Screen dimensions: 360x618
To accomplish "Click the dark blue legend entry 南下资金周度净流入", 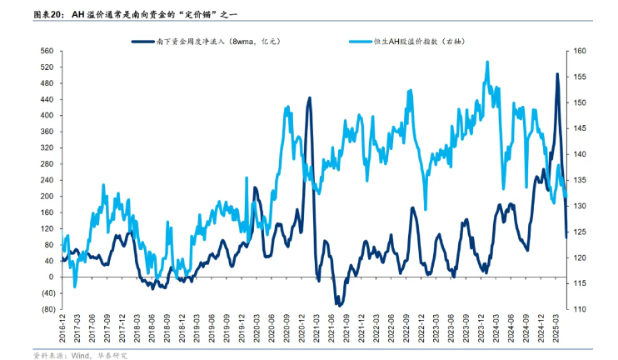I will (207, 40).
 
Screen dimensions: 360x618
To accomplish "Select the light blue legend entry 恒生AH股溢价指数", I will (422, 40).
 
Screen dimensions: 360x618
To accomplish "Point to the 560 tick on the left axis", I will (46, 52).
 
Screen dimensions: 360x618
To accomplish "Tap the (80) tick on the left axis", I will (45, 309).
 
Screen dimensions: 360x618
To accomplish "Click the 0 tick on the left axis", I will (51, 277).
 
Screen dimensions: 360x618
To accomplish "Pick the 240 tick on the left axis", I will (46, 180).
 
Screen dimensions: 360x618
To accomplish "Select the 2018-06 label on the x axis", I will (154, 327).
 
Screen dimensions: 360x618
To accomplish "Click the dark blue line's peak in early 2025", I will (557, 74).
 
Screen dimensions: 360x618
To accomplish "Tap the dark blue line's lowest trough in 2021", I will (339, 305).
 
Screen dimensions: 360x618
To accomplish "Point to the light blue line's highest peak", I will (486, 62).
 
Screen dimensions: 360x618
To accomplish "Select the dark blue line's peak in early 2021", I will (310, 97).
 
